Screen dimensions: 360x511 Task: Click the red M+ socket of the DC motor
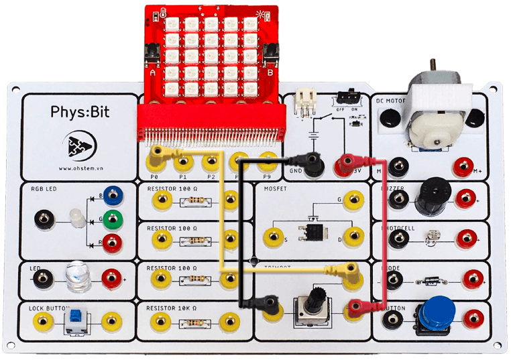point(463,166)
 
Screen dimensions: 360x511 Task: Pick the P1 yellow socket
point(183,162)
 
